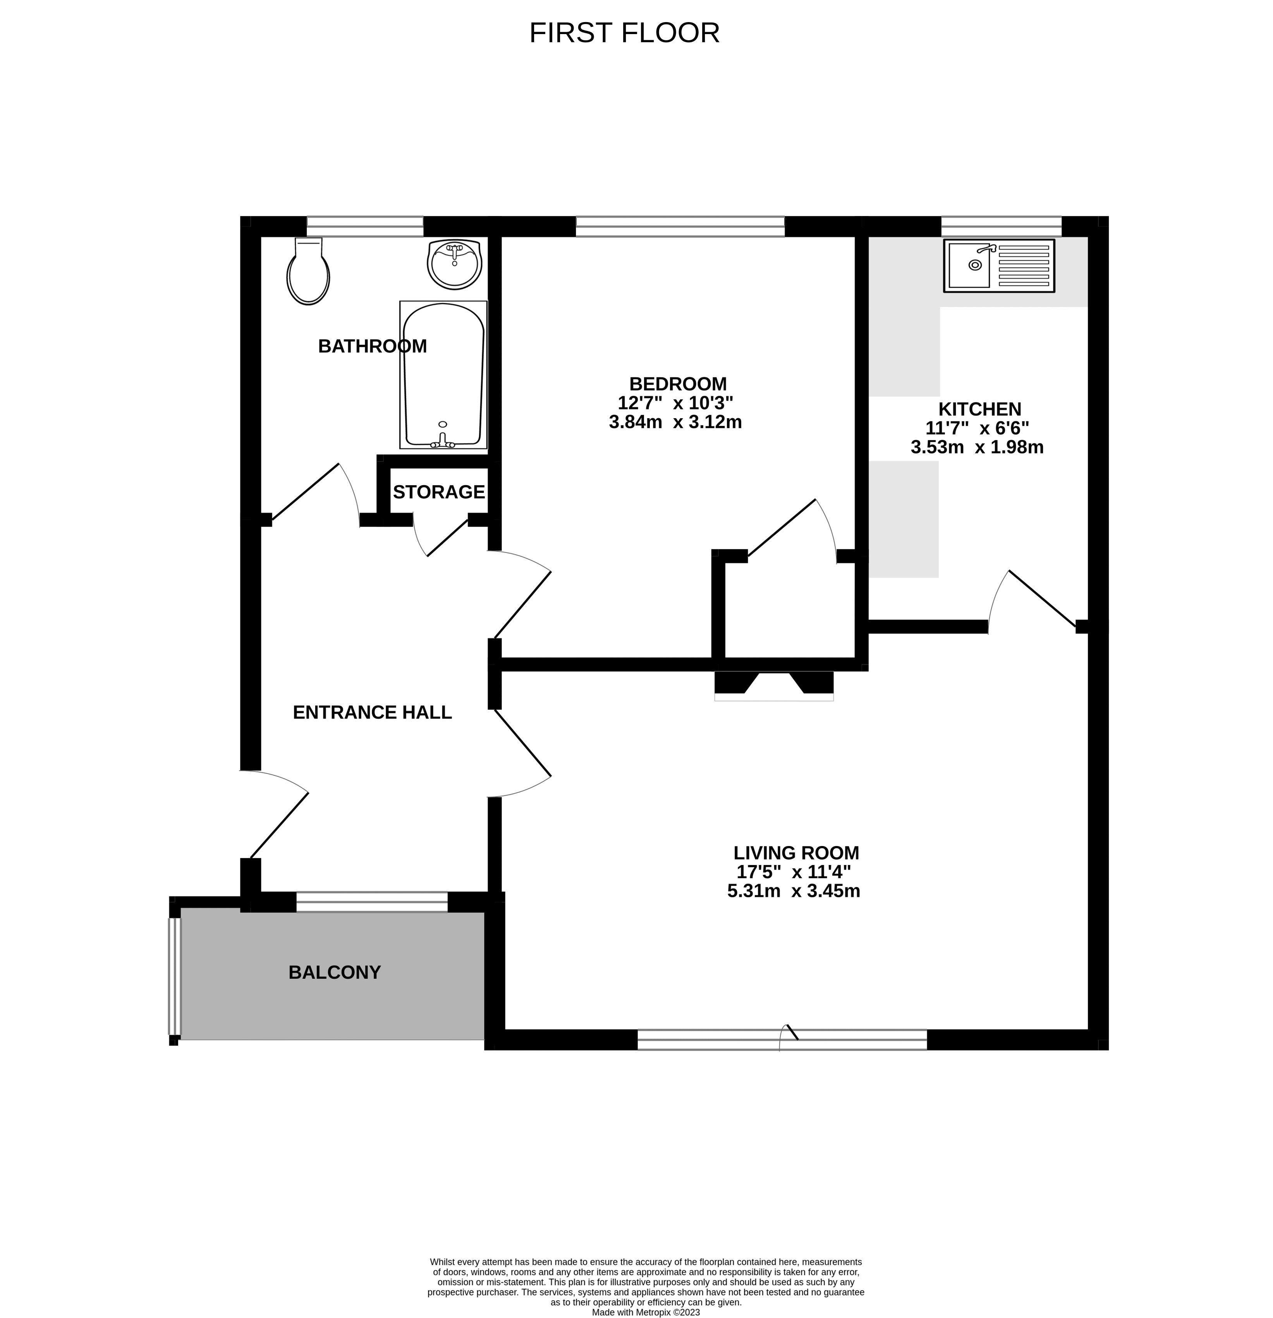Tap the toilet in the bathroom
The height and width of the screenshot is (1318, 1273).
tap(308, 272)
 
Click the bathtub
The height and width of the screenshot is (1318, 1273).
tap(443, 374)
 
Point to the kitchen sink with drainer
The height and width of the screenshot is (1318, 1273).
tap(999, 266)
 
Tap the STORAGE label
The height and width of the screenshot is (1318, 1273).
tap(438, 492)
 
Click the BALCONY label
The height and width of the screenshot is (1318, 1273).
tap(334, 972)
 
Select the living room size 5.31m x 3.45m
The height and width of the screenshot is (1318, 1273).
tap(794, 892)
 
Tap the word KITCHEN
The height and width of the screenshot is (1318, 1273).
tap(979, 409)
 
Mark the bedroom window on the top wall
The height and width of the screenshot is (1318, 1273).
tap(679, 227)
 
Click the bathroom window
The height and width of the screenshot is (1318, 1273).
tap(365, 227)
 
